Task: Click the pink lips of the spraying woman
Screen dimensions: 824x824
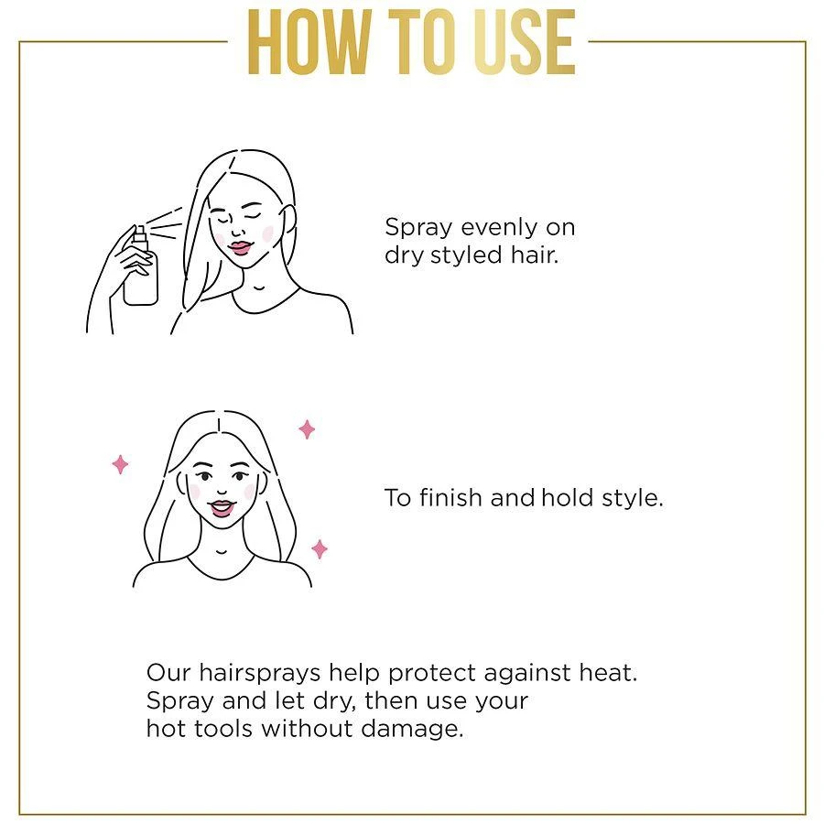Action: click(x=240, y=247)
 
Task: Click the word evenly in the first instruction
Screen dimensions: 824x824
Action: click(x=498, y=227)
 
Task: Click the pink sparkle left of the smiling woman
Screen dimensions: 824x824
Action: click(x=120, y=464)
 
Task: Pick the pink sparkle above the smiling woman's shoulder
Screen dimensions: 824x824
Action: click(x=308, y=428)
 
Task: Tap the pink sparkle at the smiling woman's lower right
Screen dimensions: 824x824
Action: click(x=320, y=549)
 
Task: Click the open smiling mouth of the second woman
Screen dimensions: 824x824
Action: click(x=222, y=508)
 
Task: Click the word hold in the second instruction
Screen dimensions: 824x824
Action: click(x=567, y=498)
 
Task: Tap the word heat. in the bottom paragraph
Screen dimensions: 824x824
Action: click(x=606, y=673)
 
